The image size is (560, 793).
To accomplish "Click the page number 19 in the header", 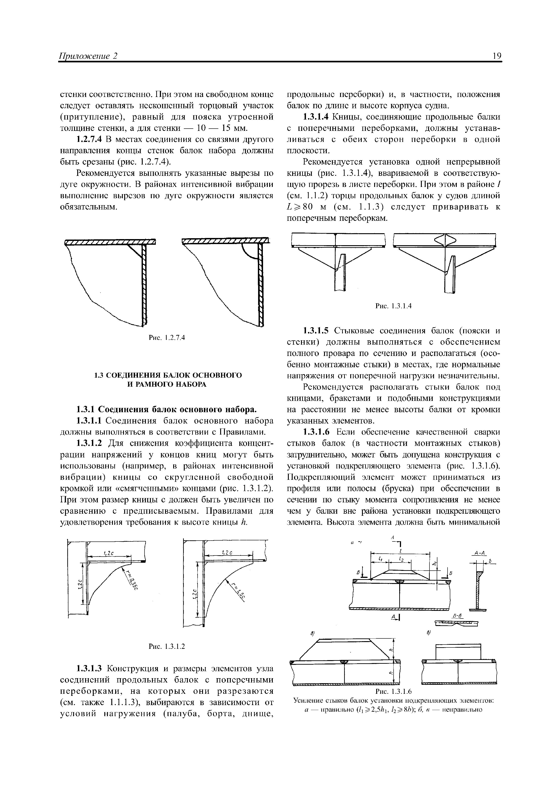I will [x=497, y=56].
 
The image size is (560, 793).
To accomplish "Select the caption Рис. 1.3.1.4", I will [x=394, y=306].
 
